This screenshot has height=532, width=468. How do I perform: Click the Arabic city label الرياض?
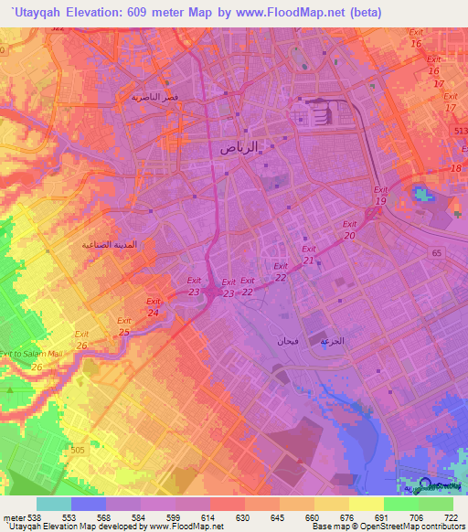pyautogui.click(x=247, y=146)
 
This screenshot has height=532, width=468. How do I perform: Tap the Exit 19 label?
pyautogui.click(x=380, y=195)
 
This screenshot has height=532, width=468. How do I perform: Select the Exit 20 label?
pyautogui.click(x=349, y=229)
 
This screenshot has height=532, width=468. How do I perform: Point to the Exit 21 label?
pyautogui.click(x=309, y=255)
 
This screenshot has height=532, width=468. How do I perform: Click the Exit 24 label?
pyautogui.click(x=154, y=306)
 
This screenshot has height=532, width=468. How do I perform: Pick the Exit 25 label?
pyautogui.click(x=124, y=325)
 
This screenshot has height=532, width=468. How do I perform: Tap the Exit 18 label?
pyautogui.click(x=455, y=163)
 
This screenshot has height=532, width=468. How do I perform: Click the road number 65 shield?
pyautogui.click(x=436, y=251)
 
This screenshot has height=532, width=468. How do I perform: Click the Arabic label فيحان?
pyautogui.click(x=275, y=340)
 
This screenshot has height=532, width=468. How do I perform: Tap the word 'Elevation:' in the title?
pyautogui.click(x=98, y=12)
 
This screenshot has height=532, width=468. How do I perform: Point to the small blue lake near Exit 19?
pyautogui.click(x=421, y=194)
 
